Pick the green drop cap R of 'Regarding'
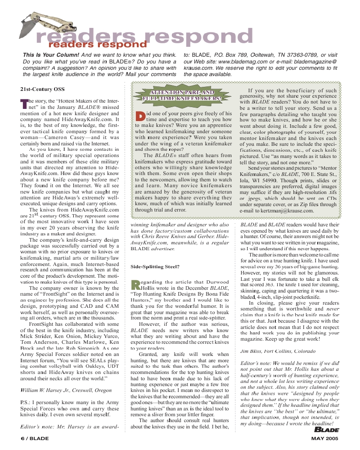pyautogui.click(x=135, y=284)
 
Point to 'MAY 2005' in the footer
pyautogui.click(x=325, y=438)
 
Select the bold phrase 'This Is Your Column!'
pyautogui.click(x=51, y=55)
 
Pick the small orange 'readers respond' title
pyautogui.click(x=98, y=45)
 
